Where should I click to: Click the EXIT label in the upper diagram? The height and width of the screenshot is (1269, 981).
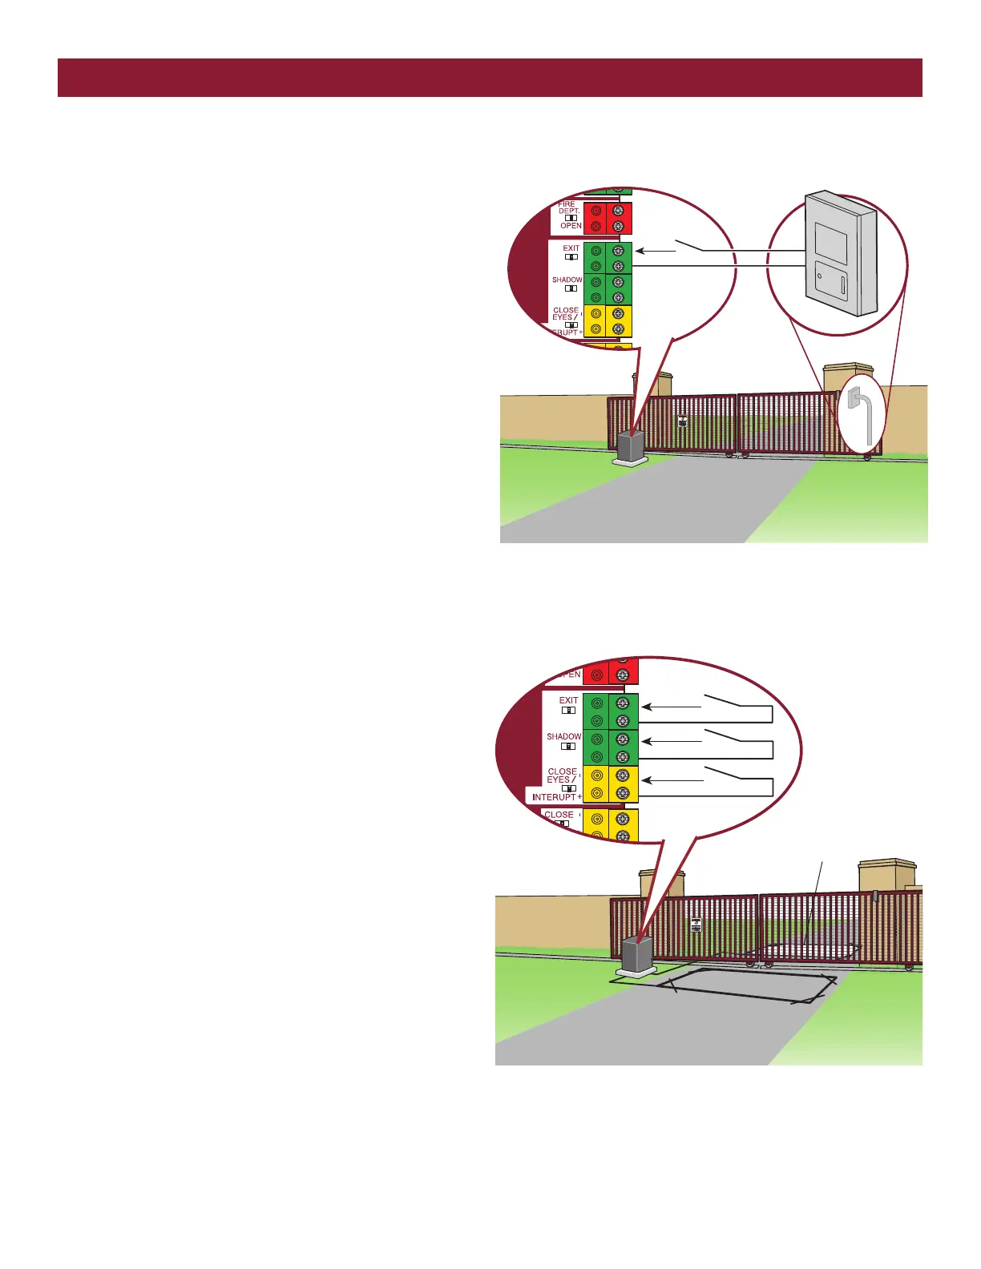pos(571,248)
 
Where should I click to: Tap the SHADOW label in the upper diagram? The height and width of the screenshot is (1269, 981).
pos(567,280)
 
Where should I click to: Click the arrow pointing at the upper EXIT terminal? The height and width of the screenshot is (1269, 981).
pos(655,251)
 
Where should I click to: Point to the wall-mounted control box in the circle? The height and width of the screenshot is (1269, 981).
pos(840,252)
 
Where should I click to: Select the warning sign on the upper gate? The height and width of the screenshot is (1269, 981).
pos(682,420)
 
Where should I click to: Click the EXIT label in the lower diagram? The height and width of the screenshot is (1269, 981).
pos(568,701)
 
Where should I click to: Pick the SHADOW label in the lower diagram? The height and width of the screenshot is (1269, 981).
pos(563,736)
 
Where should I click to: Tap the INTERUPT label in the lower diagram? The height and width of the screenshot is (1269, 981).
pos(555,797)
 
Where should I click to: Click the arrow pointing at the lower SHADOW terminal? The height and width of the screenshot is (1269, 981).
pos(672,742)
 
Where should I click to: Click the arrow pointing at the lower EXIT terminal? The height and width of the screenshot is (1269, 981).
pos(672,707)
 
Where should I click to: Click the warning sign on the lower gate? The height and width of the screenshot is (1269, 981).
pos(696,925)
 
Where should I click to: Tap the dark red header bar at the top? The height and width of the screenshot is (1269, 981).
pos(490,78)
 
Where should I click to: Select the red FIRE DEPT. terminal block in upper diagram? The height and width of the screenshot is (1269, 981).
pos(608,218)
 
